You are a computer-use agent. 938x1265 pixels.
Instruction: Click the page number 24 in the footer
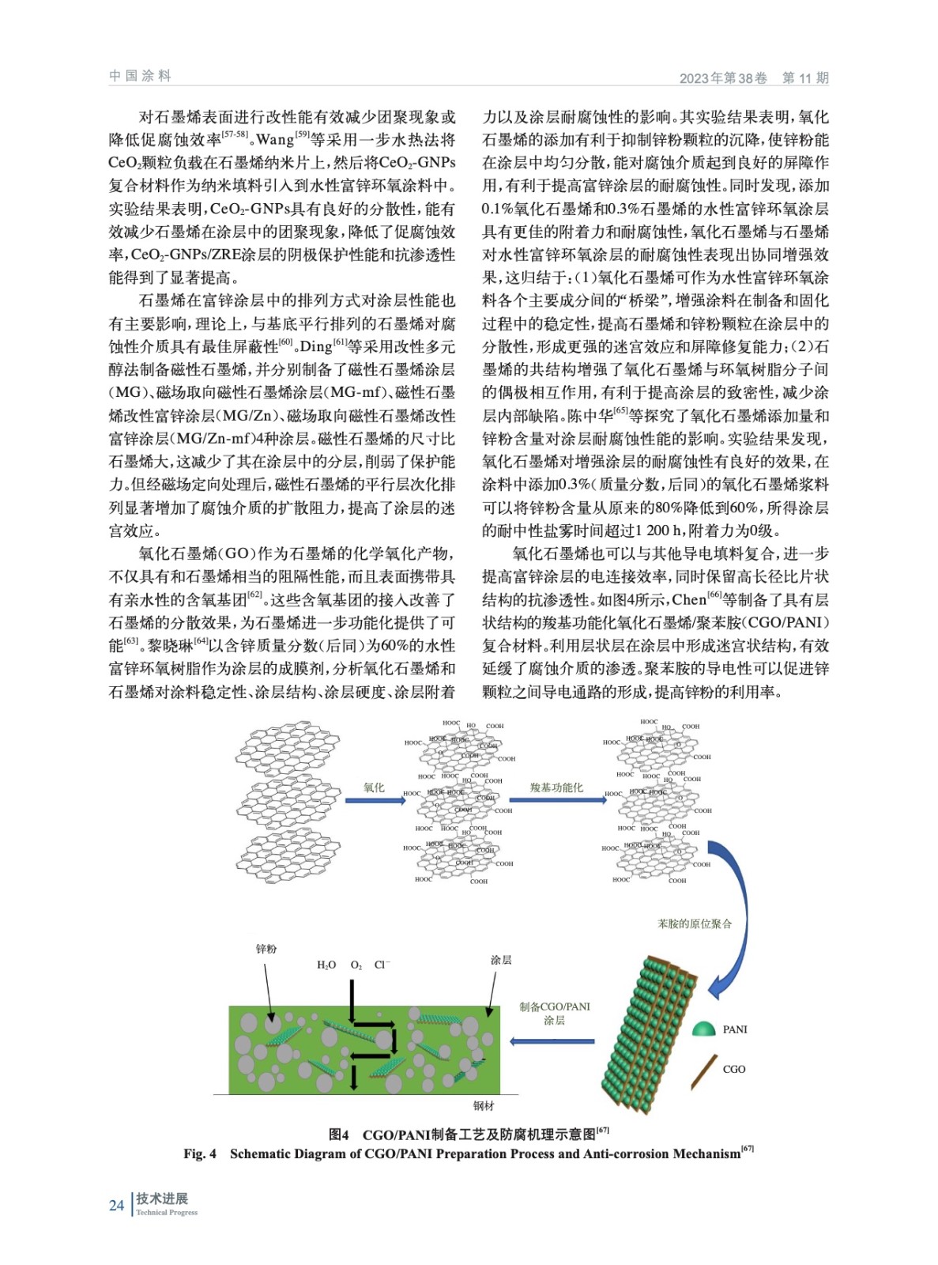point(116,1205)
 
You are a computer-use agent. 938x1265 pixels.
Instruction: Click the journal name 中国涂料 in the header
point(140,76)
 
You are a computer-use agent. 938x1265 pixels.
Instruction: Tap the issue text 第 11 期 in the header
point(804,77)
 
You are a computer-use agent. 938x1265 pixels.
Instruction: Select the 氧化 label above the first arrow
point(374,787)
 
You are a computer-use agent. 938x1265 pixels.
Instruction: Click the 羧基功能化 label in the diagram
point(556,787)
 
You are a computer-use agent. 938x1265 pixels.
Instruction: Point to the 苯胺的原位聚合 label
point(695,923)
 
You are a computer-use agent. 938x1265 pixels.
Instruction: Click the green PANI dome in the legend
point(703,1028)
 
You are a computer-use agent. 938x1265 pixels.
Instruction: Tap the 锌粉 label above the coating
point(266,949)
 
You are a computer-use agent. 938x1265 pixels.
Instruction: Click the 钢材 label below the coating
point(484,1105)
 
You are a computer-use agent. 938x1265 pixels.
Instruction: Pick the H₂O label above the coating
point(326,965)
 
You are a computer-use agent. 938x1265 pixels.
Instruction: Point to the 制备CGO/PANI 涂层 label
point(554,1013)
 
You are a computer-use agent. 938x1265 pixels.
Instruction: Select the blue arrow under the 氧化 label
point(375,800)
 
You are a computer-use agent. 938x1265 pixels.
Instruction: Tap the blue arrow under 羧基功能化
point(557,800)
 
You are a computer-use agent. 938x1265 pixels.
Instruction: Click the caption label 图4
point(339,1135)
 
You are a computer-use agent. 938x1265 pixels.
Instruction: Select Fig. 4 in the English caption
point(200,1154)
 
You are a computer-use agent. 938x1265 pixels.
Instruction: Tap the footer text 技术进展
point(162,1199)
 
